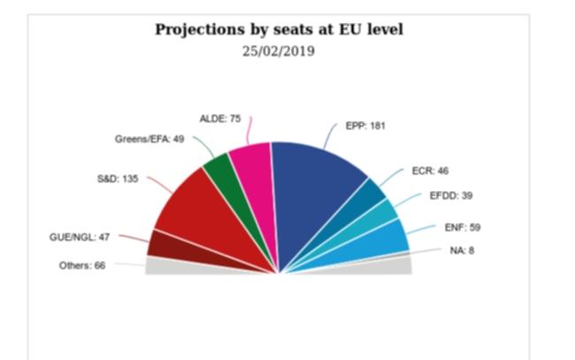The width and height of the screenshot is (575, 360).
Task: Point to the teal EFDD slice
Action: point(381,217)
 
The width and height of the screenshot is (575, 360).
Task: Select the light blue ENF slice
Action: point(385,239)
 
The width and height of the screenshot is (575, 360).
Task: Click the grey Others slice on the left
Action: point(164,265)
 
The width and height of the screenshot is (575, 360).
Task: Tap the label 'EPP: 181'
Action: point(365,126)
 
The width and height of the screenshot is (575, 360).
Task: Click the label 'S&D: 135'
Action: point(118,179)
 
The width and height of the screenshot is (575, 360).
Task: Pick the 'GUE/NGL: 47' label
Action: point(79,237)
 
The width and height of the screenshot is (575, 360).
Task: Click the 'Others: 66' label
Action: point(82,264)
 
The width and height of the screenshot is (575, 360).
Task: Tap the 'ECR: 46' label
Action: point(430,170)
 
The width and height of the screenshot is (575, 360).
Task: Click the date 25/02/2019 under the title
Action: point(279,50)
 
